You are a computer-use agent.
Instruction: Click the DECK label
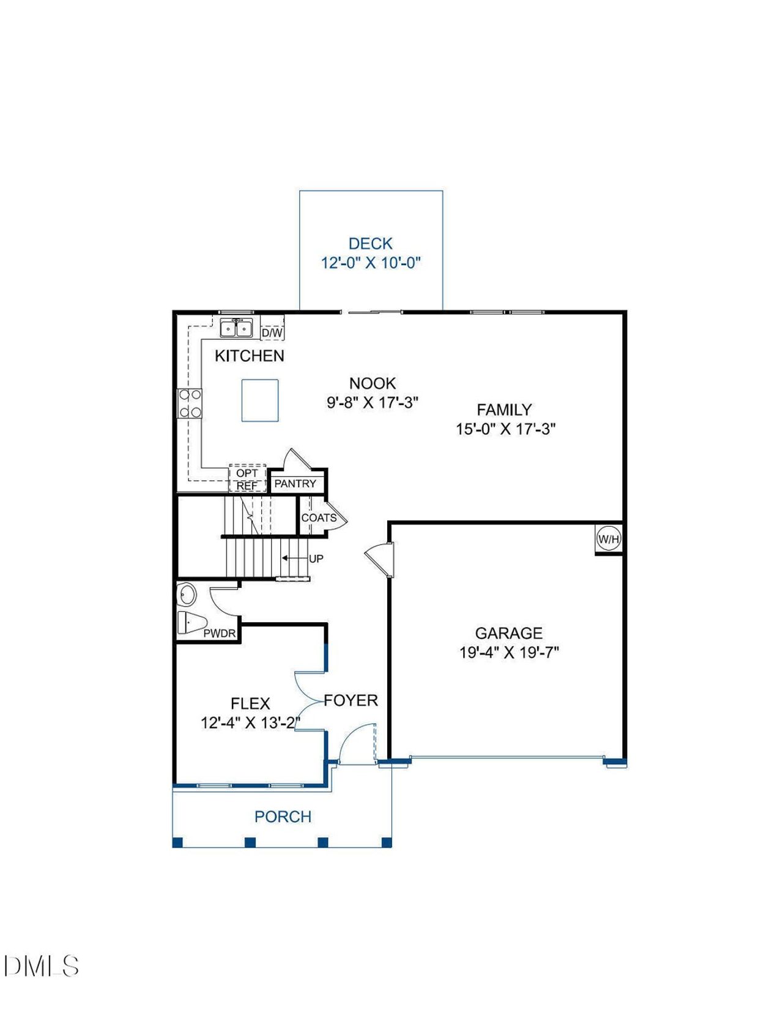[x=370, y=244]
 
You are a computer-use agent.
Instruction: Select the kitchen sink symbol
[x=236, y=328]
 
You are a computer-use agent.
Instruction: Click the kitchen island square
[x=260, y=400]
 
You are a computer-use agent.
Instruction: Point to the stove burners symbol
[x=190, y=403]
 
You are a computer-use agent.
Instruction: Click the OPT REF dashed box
[x=247, y=479]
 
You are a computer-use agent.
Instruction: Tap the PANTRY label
[x=295, y=483]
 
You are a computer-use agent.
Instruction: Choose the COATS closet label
[x=319, y=518]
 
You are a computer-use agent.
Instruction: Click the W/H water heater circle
[x=609, y=539]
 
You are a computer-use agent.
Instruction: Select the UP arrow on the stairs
[x=294, y=558]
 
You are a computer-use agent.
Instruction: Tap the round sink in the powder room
[x=187, y=594]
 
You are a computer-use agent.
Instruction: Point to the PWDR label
[x=219, y=634]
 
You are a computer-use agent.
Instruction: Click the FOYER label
[x=351, y=700]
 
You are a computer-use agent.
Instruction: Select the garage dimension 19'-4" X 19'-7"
[x=509, y=653]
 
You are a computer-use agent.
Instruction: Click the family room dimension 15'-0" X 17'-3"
[x=505, y=429]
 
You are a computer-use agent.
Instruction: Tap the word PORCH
[x=283, y=816]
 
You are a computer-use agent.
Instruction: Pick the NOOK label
[x=373, y=383]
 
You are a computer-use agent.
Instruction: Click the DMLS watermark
[x=42, y=966]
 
